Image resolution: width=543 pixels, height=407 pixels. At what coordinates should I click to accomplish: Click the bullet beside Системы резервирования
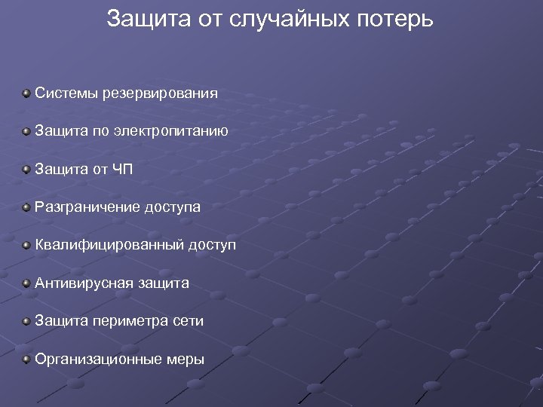point(26,93)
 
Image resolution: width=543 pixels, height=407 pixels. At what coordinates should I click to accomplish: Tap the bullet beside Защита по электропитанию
point(26,131)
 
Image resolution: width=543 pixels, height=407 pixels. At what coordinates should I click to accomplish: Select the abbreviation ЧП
point(123,169)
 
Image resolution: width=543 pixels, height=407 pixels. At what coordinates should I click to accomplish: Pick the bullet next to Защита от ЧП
point(26,169)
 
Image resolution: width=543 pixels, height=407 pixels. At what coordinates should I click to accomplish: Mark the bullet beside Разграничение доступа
point(26,207)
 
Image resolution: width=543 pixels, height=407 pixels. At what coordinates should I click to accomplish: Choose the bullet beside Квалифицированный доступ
point(26,245)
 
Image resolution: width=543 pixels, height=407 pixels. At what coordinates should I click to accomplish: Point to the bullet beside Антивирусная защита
point(26,283)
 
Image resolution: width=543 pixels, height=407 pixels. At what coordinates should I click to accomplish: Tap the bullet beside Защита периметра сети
point(26,321)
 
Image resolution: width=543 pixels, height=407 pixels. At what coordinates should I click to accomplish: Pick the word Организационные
point(96,360)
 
